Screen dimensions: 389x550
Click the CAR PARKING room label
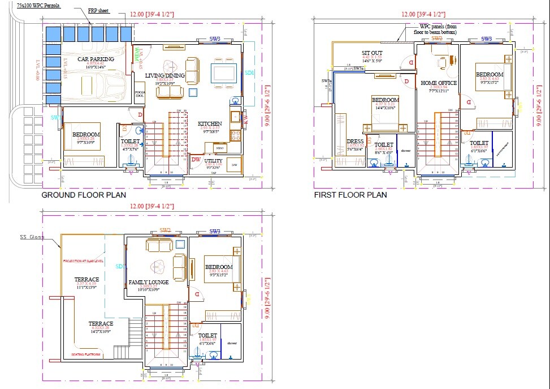96,59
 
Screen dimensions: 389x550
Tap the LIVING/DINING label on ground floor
166,75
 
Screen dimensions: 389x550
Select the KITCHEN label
210,123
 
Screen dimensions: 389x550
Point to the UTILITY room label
213,161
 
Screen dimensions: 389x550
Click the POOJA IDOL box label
140,94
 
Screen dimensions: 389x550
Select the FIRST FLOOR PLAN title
350,195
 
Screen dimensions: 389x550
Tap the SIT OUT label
372,53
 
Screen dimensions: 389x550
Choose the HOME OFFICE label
439,83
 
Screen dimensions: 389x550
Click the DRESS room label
355,142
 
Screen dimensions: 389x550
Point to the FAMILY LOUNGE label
149,282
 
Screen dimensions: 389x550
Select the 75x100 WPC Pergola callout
38,5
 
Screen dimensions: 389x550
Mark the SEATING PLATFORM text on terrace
86,354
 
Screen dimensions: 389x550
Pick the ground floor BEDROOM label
86,134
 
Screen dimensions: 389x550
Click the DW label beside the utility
196,160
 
